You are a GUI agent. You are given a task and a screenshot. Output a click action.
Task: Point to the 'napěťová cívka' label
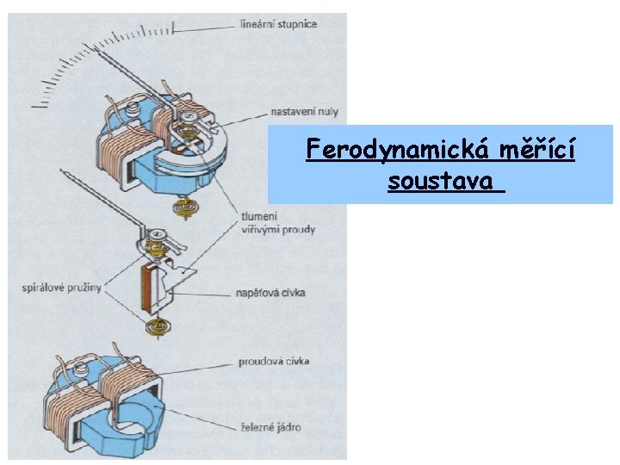(270, 293)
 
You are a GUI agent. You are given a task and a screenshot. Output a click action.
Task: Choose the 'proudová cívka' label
(274, 362)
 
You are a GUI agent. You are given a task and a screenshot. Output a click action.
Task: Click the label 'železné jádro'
(270, 427)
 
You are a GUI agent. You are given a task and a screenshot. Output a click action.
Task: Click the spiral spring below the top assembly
(183, 207)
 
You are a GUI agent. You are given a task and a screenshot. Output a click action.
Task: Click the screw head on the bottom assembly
(81, 369)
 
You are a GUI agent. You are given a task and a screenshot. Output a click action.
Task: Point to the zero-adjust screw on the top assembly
(187, 115)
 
